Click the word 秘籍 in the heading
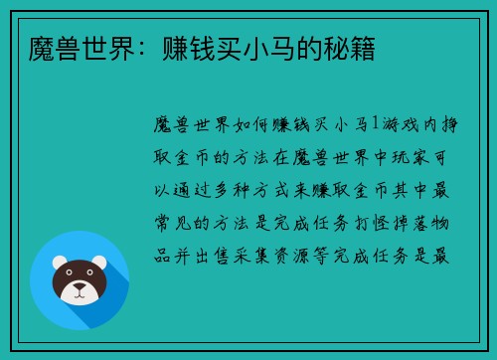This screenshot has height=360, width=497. coord(351,48)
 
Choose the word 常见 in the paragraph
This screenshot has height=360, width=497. coord(177,222)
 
